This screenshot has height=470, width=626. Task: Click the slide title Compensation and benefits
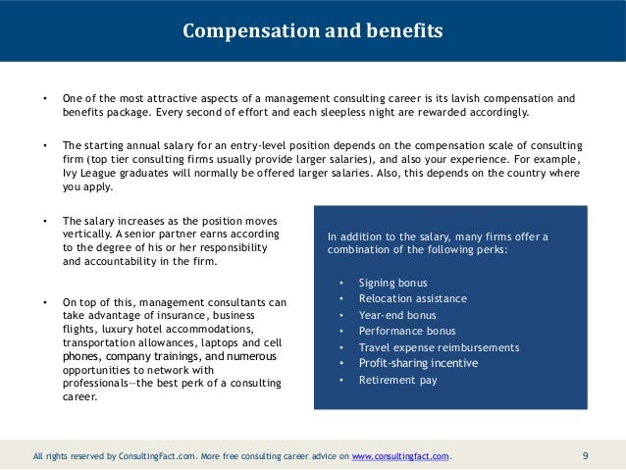pos(313,31)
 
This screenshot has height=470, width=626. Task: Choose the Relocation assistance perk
pos(413,298)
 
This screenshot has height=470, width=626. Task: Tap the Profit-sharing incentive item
pos(419,363)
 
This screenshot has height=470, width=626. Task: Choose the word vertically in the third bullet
pos(86,235)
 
